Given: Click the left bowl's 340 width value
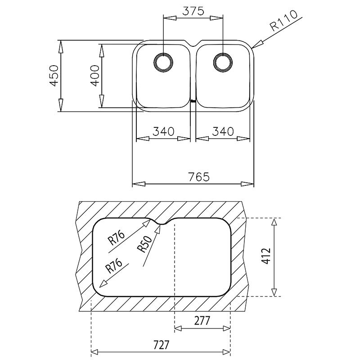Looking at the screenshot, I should (x=163, y=131).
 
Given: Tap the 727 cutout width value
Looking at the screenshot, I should (x=161, y=345).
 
